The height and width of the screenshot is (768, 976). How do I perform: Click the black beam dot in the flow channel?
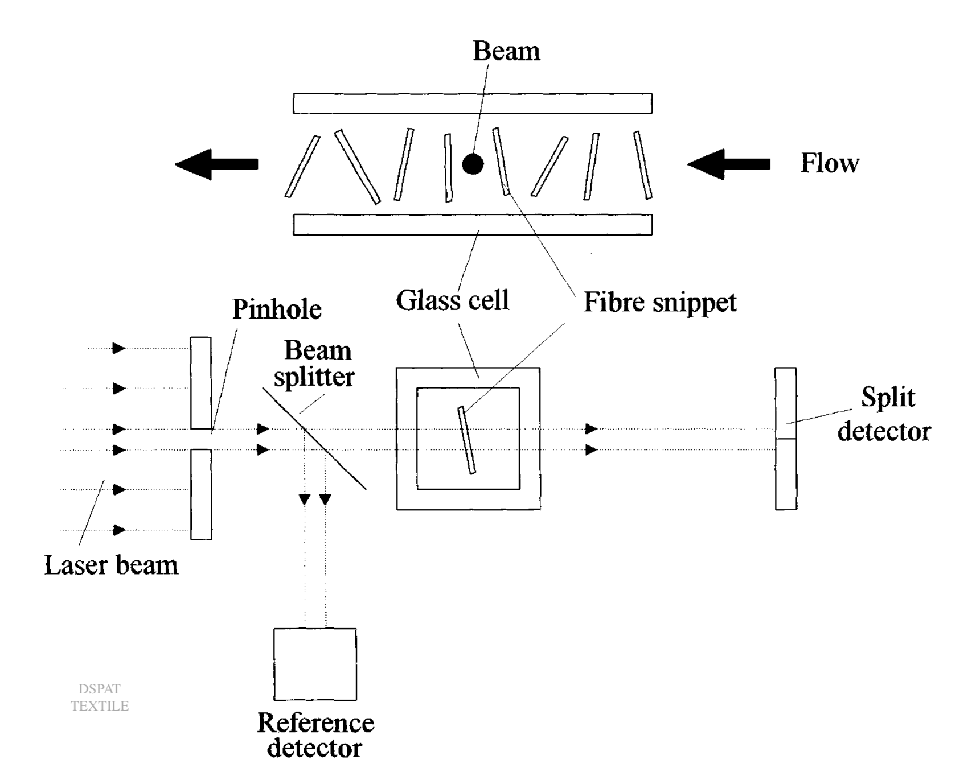tap(473, 164)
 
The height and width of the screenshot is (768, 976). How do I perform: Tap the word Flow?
tap(829, 163)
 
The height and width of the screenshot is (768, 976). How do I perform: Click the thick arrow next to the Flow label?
tap(728, 164)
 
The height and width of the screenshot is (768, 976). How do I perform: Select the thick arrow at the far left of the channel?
tap(216, 164)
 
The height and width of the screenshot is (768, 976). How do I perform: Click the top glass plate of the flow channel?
tap(472, 104)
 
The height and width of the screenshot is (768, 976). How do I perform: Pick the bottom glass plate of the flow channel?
tap(472, 225)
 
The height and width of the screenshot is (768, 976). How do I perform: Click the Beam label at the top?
tap(506, 51)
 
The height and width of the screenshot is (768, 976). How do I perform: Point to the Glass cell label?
tap(452, 300)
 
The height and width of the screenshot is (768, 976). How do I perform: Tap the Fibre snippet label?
tap(659, 302)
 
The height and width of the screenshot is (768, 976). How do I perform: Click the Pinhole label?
tap(277, 309)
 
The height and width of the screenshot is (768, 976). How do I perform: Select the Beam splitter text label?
tap(315, 364)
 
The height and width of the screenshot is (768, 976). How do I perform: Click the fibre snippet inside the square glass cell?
tap(467, 440)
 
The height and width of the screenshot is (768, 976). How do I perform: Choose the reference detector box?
tap(315, 664)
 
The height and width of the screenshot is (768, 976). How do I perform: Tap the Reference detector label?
tap(315, 735)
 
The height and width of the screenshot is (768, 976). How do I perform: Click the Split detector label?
tap(885, 414)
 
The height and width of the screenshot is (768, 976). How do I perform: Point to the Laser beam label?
tap(111, 565)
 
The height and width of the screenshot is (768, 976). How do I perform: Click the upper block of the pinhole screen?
tap(200, 382)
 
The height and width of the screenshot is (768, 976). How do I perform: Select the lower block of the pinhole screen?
tap(201, 494)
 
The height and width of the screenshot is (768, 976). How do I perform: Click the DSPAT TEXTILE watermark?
tap(100, 697)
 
